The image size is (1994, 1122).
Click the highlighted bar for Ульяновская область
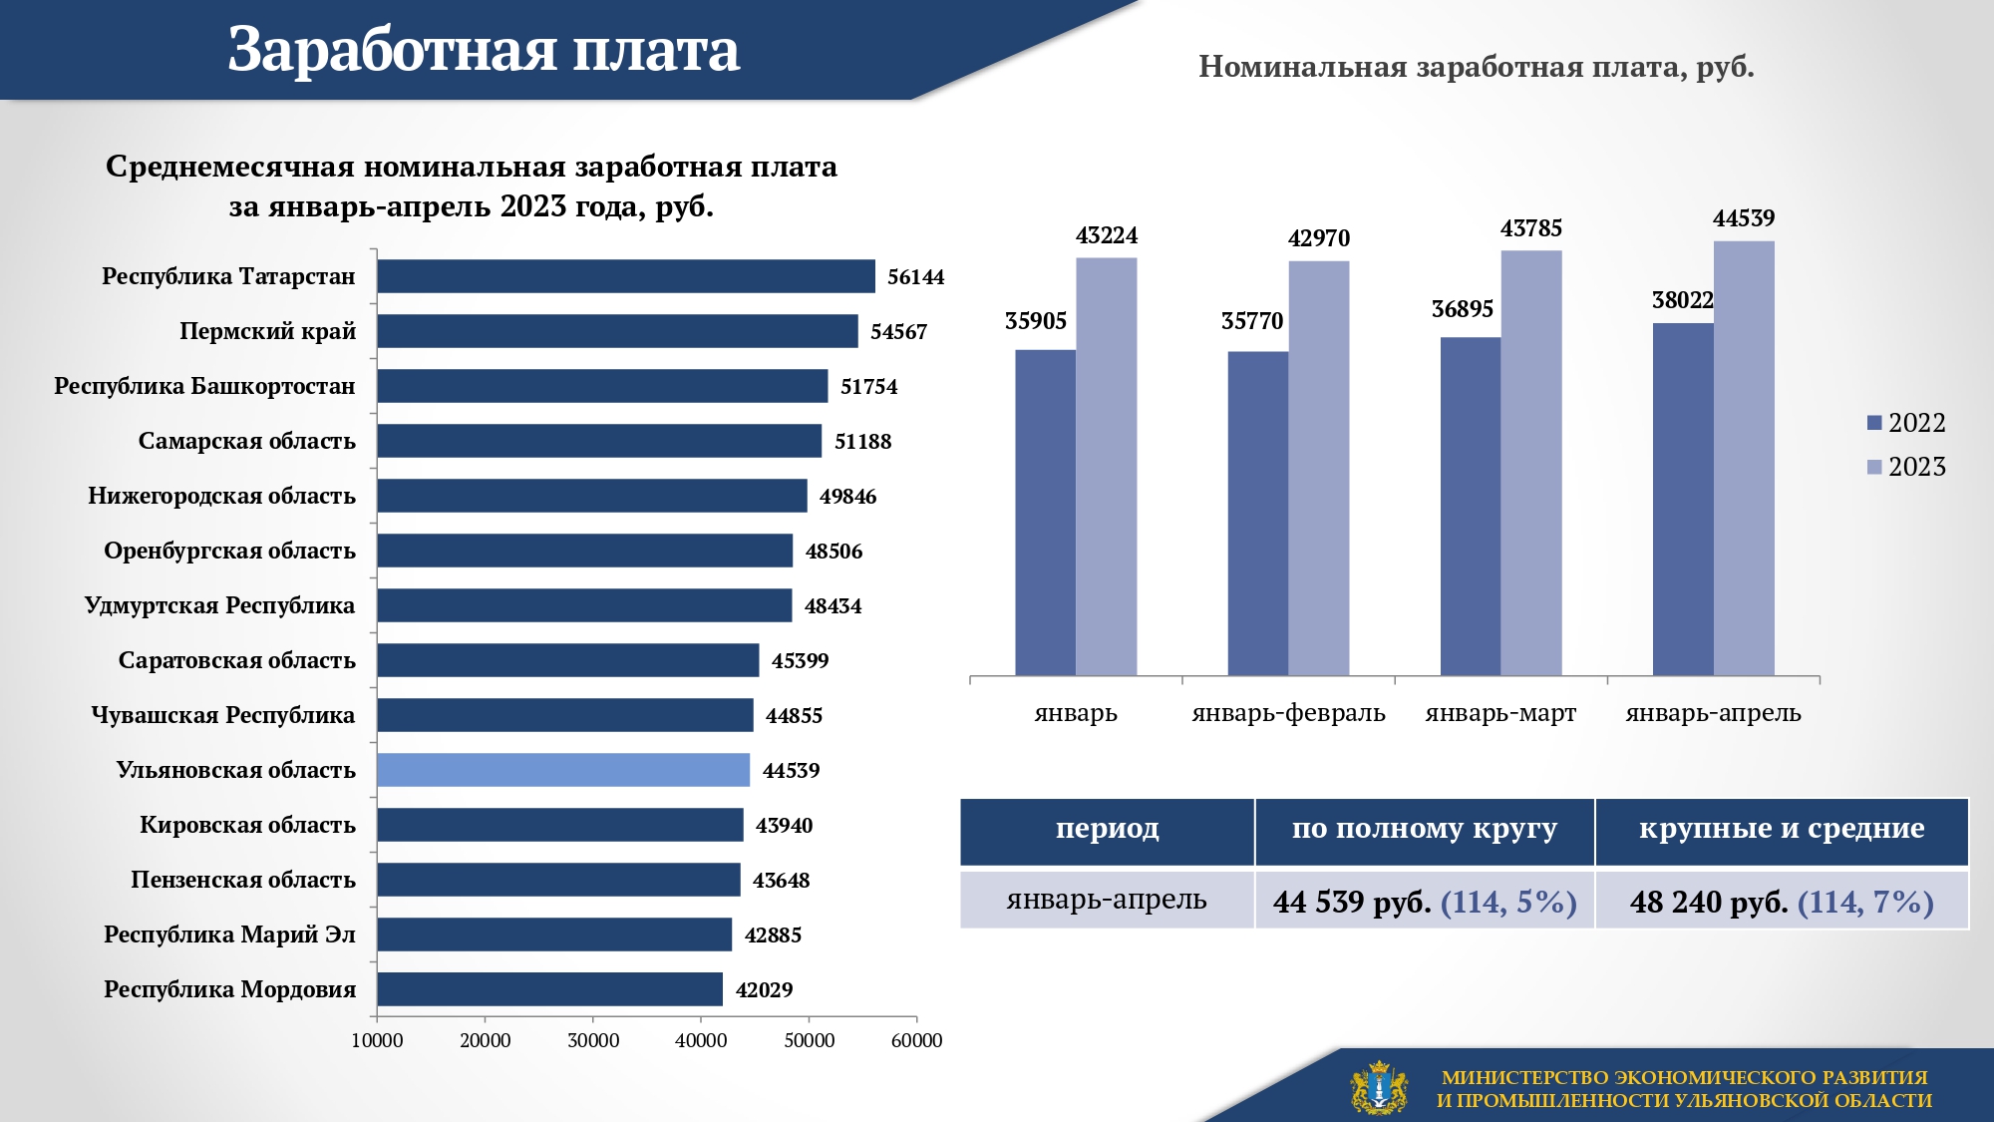[563, 770]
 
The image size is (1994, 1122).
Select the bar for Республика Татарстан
[626, 276]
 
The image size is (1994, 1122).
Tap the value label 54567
[898, 332]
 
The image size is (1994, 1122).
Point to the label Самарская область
[246, 441]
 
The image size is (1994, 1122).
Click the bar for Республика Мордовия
[549, 989]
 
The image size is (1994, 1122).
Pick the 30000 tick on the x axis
[593, 1040]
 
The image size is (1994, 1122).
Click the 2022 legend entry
[1906, 423]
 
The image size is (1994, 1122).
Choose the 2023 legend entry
[1906, 467]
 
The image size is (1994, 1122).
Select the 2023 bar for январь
[1107, 466]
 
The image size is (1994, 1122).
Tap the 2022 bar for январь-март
[1471, 506]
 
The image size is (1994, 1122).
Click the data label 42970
[1318, 238]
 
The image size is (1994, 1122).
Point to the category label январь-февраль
[1288, 713]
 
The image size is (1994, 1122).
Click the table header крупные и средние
[1782, 829]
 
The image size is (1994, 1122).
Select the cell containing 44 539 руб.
[1425, 901]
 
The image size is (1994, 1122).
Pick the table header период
[1107, 829]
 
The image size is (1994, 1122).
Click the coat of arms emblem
[1379, 1087]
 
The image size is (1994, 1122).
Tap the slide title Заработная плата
[484, 49]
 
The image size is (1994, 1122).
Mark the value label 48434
[832, 606]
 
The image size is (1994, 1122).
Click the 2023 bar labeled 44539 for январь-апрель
[1744, 458]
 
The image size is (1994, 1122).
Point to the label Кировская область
[247, 825]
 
